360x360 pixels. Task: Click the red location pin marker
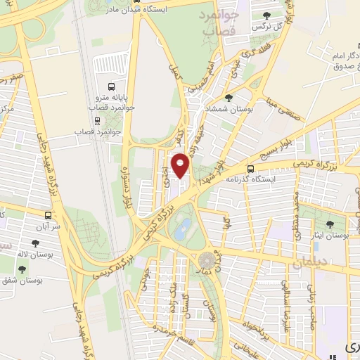pos(181,165)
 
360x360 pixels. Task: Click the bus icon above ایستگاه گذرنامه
pos(250,169)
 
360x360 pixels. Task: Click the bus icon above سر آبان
pos(48,215)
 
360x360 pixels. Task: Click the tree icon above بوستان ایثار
pos(330,226)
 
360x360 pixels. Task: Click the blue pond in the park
pos(184,226)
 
